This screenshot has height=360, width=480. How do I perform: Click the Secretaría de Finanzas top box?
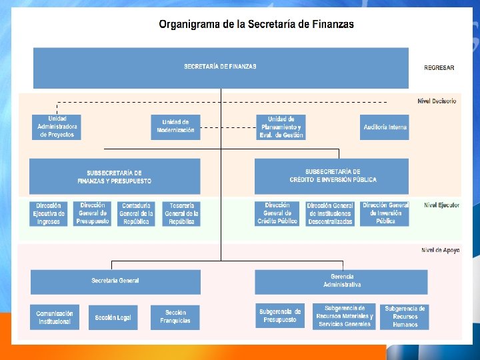click(221, 67)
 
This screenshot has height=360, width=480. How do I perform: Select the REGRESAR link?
click(439, 67)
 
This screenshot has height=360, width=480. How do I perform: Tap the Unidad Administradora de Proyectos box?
click(57, 127)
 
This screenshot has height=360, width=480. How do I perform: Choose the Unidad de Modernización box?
click(175, 127)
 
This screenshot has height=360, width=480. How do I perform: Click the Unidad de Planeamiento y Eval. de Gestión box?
click(281, 127)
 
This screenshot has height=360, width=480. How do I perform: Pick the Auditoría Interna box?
click(385, 127)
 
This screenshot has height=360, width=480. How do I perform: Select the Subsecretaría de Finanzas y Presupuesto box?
click(114, 177)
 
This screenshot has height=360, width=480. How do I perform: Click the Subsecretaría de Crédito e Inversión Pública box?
click(332, 176)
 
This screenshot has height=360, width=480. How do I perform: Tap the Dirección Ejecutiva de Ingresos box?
click(49, 213)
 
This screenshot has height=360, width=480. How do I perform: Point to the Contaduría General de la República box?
click(137, 213)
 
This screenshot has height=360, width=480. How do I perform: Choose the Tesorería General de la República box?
click(181, 213)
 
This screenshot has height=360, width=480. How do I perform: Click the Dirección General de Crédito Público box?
click(277, 213)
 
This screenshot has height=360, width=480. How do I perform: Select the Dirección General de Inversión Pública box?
click(385, 213)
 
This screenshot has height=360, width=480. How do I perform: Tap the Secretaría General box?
click(115, 281)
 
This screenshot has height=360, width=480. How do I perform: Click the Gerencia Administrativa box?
click(341, 281)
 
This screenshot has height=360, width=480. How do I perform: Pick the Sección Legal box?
click(113, 317)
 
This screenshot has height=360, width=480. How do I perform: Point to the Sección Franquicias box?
click(175, 317)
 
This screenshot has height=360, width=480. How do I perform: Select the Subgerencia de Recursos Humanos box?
click(404, 317)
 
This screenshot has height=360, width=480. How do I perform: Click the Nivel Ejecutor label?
click(441, 205)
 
